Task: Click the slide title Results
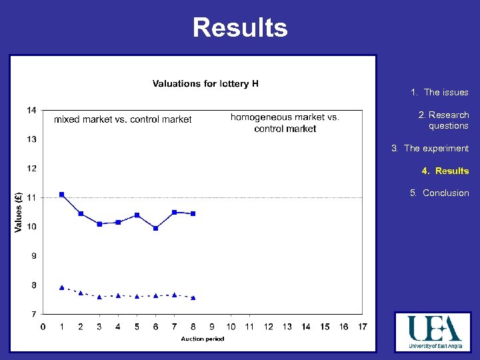click(240, 28)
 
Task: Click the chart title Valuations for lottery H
click(205, 83)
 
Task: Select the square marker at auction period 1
click(62, 195)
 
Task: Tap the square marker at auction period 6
click(155, 228)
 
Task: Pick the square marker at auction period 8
click(193, 213)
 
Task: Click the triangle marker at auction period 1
click(62, 287)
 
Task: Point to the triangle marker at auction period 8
click(193, 297)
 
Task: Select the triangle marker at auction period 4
click(118, 295)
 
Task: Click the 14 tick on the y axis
click(31, 110)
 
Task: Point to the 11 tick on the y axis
click(31, 197)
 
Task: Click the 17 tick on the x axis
click(362, 326)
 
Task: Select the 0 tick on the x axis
click(43, 326)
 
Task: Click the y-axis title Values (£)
click(18, 212)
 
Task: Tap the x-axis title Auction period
click(203, 339)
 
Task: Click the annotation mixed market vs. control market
click(123, 119)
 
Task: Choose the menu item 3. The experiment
click(430, 148)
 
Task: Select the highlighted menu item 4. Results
click(445, 171)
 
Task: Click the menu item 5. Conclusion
click(439, 193)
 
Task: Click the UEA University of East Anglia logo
click(434, 332)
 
